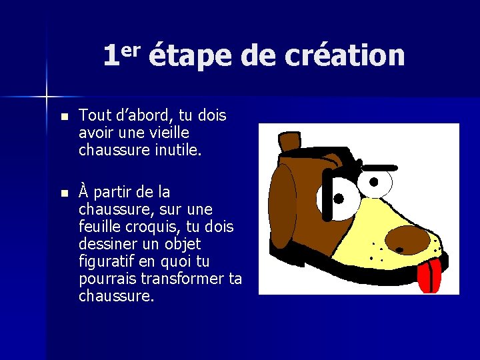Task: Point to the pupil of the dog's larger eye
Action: (x=339, y=199)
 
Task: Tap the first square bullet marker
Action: (x=64, y=117)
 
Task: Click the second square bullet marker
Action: (x=64, y=193)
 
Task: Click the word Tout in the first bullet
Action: (x=94, y=116)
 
